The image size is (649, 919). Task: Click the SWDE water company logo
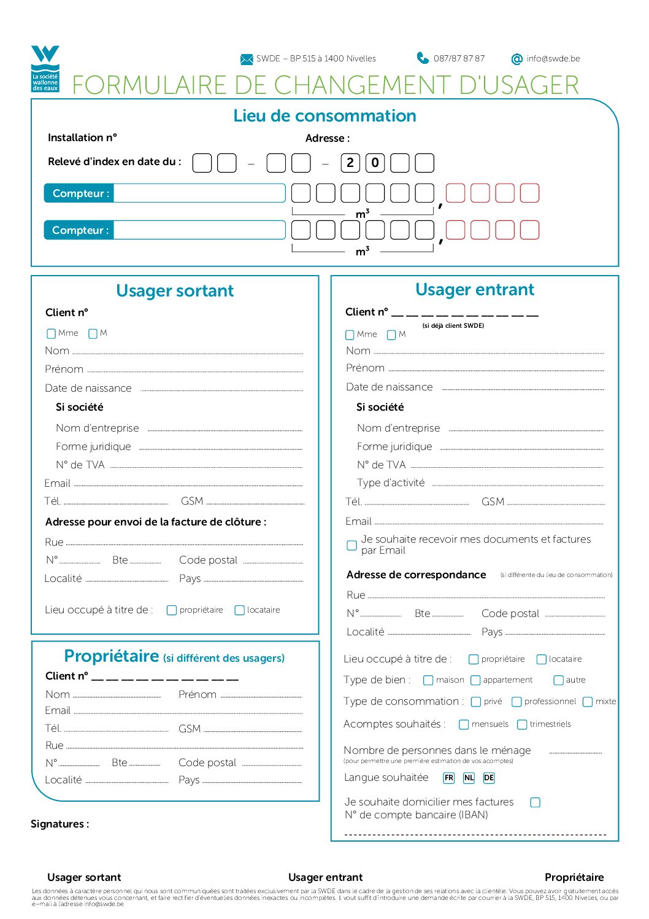(x=45, y=68)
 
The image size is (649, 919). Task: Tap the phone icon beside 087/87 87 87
(x=423, y=58)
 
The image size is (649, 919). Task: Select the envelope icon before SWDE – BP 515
(x=247, y=59)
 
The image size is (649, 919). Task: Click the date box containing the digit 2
(x=350, y=163)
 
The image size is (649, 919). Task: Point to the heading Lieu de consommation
(x=324, y=115)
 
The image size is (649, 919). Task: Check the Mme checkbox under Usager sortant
(x=52, y=333)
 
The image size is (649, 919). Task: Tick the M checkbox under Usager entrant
(x=391, y=335)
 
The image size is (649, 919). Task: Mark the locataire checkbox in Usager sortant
(x=240, y=610)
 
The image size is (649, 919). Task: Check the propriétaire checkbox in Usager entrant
(x=474, y=659)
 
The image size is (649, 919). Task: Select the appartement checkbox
(x=475, y=680)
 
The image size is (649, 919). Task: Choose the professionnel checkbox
(x=517, y=702)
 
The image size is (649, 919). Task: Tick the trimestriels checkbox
(x=522, y=724)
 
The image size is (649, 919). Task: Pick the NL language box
(x=469, y=778)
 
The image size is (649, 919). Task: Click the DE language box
(x=488, y=778)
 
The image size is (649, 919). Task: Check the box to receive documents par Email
(x=352, y=545)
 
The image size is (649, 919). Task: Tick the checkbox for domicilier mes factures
(x=536, y=802)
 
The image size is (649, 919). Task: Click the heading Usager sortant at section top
(x=175, y=290)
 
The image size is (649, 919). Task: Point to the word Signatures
(x=60, y=824)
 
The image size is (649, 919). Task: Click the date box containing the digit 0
(x=375, y=163)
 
